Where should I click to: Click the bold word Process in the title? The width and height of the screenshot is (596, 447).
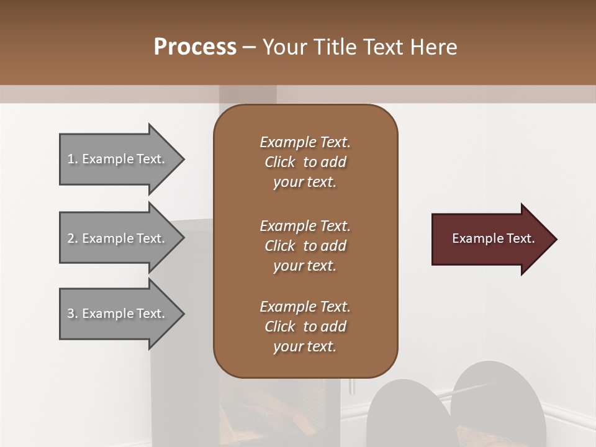(195, 47)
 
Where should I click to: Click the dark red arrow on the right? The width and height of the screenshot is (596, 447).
(490, 239)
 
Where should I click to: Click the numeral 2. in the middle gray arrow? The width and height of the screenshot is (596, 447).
(73, 238)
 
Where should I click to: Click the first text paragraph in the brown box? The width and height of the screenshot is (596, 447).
(305, 162)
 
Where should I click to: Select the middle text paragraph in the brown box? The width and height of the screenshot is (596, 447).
(305, 246)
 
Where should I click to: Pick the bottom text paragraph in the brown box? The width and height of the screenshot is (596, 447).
(305, 327)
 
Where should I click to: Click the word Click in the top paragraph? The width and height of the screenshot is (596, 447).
(280, 162)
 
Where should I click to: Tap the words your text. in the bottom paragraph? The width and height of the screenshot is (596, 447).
(305, 346)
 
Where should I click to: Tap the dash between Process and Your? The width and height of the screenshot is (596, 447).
(250, 47)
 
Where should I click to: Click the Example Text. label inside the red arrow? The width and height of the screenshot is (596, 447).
(493, 238)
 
